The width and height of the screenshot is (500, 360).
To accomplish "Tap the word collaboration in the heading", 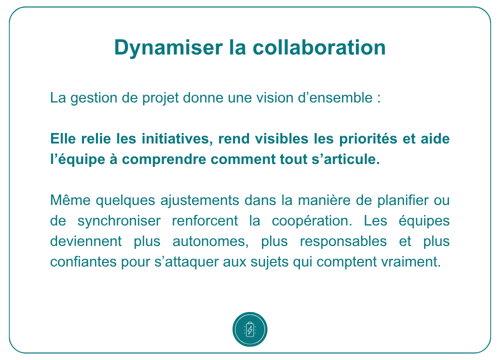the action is pyautogui.click(x=319, y=47).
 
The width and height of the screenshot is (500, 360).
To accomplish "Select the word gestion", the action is pyautogui.click(x=94, y=98).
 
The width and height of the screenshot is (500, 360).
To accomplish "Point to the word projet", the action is pyautogui.click(x=160, y=98).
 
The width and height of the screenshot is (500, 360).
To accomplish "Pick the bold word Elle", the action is pyautogui.click(x=63, y=138).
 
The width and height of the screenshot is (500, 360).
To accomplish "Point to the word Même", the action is pyautogui.click(x=70, y=200).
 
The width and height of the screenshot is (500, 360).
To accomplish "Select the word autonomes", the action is pyautogui.click(x=210, y=241).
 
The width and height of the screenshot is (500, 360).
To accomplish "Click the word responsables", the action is pyautogui.click(x=343, y=241).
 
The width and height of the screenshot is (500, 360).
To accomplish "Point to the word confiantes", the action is pyautogui.click(x=83, y=262).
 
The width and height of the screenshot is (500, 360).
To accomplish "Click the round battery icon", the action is pyautogui.click(x=250, y=329).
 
